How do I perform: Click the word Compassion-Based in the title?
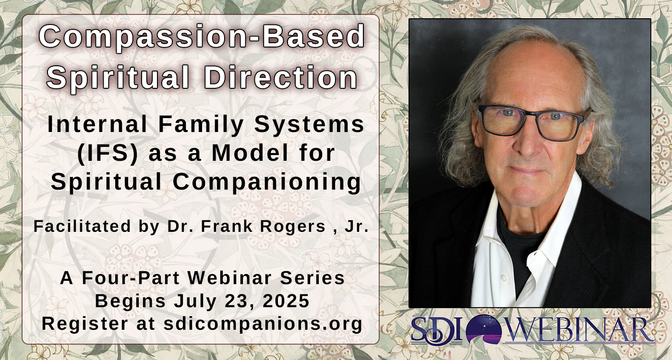(x=202, y=36)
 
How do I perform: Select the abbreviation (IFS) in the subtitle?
(x=108, y=153)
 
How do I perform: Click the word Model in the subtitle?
(x=250, y=153)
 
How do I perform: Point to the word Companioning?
(x=267, y=182)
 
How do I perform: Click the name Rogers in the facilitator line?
(x=293, y=227)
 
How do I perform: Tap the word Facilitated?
(x=82, y=226)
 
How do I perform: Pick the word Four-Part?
(x=131, y=278)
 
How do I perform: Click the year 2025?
(x=286, y=300)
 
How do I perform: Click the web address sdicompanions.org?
(x=263, y=324)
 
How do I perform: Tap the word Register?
(x=84, y=324)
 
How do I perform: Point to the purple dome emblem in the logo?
(x=484, y=329)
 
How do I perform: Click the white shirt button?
(x=504, y=278)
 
